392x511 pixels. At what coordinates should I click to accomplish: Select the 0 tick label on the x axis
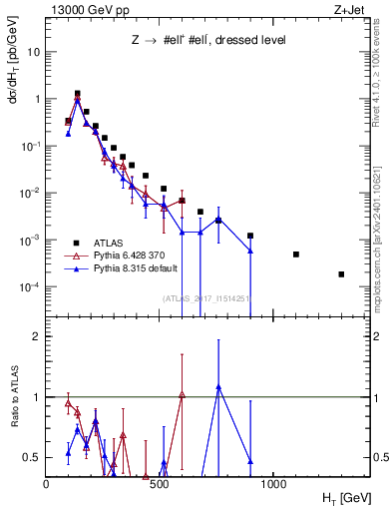coord(46,484)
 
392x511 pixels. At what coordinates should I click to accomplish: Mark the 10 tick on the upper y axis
coord(33,52)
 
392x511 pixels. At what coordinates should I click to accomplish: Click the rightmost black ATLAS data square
coord(341,274)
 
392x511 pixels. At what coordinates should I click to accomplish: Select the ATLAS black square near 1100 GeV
coord(296,255)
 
